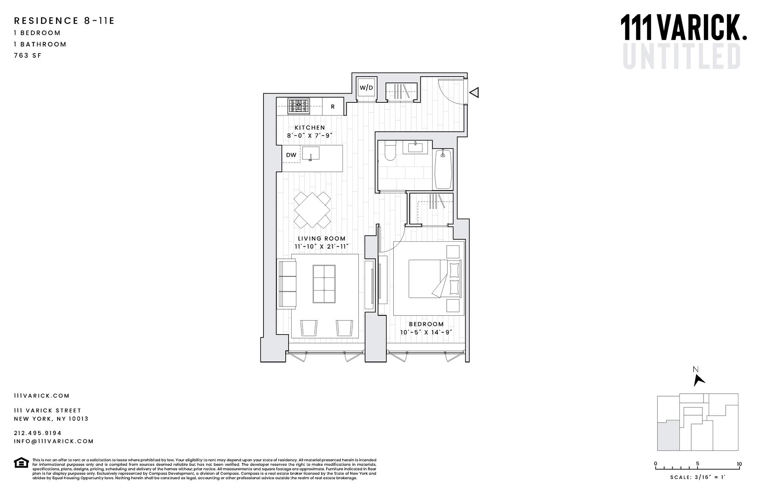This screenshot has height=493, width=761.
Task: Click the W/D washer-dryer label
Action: pyautogui.click(x=366, y=88)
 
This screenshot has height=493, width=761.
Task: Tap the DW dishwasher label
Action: pyautogui.click(x=291, y=155)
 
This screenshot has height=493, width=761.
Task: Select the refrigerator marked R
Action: pyautogui.click(x=333, y=107)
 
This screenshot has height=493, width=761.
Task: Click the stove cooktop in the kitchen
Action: pyautogui.click(x=299, y=106)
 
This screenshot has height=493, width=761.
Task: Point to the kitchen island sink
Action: pyautogui.click(x=311, y=153)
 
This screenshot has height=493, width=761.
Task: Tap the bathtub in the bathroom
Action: pyautogui.click(x=444, y=169)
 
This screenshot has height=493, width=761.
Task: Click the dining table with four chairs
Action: pyautogui.click(x=312, y=210)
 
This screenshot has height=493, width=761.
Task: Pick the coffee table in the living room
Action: pyautogui.click(x=324, y=284)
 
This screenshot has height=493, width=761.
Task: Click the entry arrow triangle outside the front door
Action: pyautogui.click(x=474, y=92)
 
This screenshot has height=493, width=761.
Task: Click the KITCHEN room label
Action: pyautogui.click(x=310, y=128)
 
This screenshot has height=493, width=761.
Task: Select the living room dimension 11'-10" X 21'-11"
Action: pyautogui.click(x=321, y=246)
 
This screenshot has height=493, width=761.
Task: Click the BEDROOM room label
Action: pyautogui.click(x=426, y=324)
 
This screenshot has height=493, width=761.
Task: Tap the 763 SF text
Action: pyautogui.click(x=28, y=56)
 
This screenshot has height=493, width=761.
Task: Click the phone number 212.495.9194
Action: pyautogui.click(x=38, y=433)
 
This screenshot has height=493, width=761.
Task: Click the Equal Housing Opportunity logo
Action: pyautogui.click(x=21, y=462)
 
